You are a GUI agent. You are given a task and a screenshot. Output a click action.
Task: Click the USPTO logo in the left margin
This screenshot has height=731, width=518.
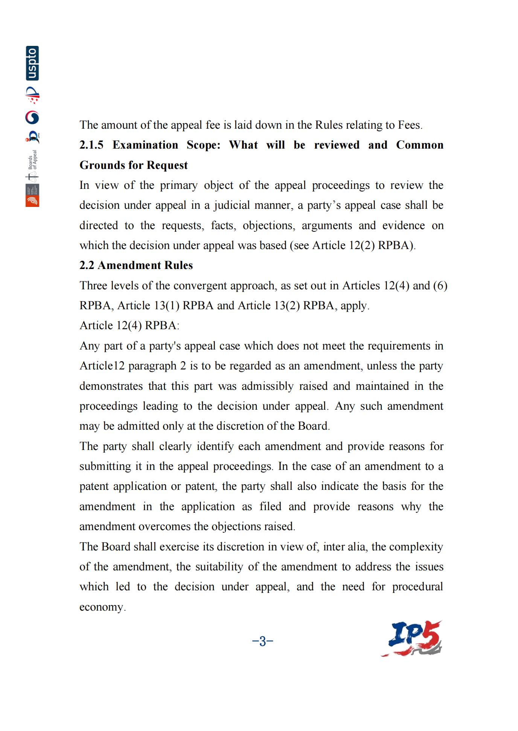click(32, 63)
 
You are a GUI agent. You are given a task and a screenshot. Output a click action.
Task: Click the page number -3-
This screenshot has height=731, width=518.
click(262, 641)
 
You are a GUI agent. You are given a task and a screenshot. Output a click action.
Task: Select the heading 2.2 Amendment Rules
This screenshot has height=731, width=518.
click(136, 265)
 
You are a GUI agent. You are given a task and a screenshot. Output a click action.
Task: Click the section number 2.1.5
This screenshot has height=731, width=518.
click(91, 145)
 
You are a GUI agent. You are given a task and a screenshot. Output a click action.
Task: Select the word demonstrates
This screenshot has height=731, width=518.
click(111, 386)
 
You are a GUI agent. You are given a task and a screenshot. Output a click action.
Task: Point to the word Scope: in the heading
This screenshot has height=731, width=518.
click(204, 145)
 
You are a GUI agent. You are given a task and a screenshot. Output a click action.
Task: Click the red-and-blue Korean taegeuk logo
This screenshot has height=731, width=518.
click(32, 118)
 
